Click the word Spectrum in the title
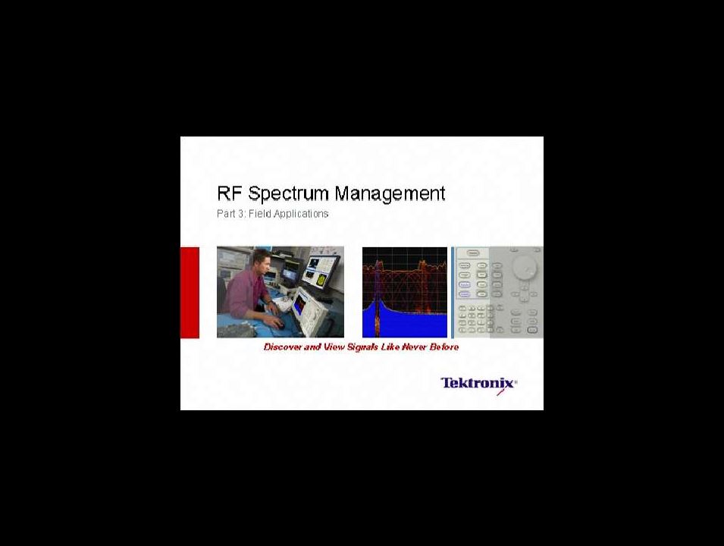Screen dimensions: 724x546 coord(289,193)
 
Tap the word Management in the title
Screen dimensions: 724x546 coord(390,193)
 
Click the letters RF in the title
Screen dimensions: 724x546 coord(230,193)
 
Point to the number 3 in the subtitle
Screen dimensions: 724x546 coord(242,214)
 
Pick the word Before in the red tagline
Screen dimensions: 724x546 coord(444,347)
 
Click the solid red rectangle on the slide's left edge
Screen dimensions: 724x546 coord(190,293)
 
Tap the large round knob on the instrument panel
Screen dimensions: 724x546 coord(525,266)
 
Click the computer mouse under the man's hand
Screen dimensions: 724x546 coord(279,325)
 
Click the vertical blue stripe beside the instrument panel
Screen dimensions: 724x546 coord(453,293)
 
